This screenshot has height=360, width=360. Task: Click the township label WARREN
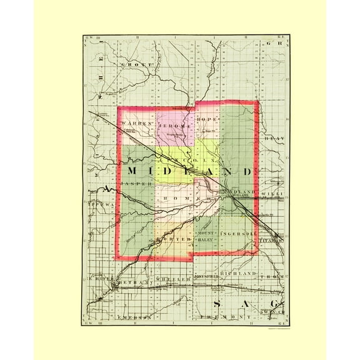136,124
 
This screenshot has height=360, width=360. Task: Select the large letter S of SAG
217,303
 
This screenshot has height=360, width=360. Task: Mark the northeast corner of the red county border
258,102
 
